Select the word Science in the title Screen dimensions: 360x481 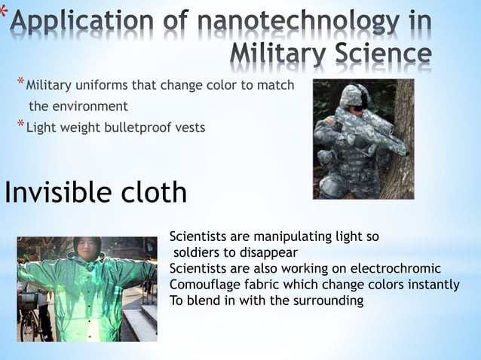pos(385,54)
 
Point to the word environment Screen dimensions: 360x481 pos(89,106)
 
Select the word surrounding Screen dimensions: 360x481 pos(325,301)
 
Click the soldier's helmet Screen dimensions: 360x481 pos(353,95)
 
